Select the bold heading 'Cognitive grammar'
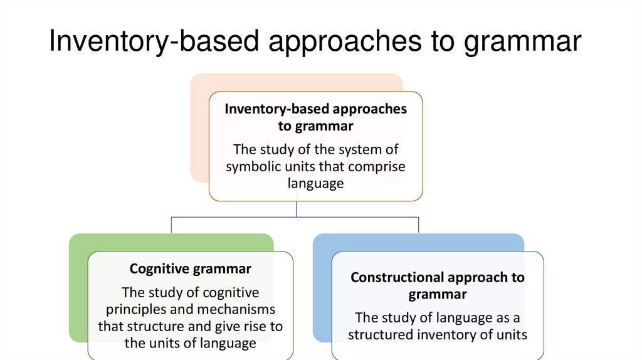pos(190,269)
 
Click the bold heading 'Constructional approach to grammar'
pos(437,285)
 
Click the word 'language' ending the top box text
pos(315,183)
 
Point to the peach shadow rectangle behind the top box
pos(199,138)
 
